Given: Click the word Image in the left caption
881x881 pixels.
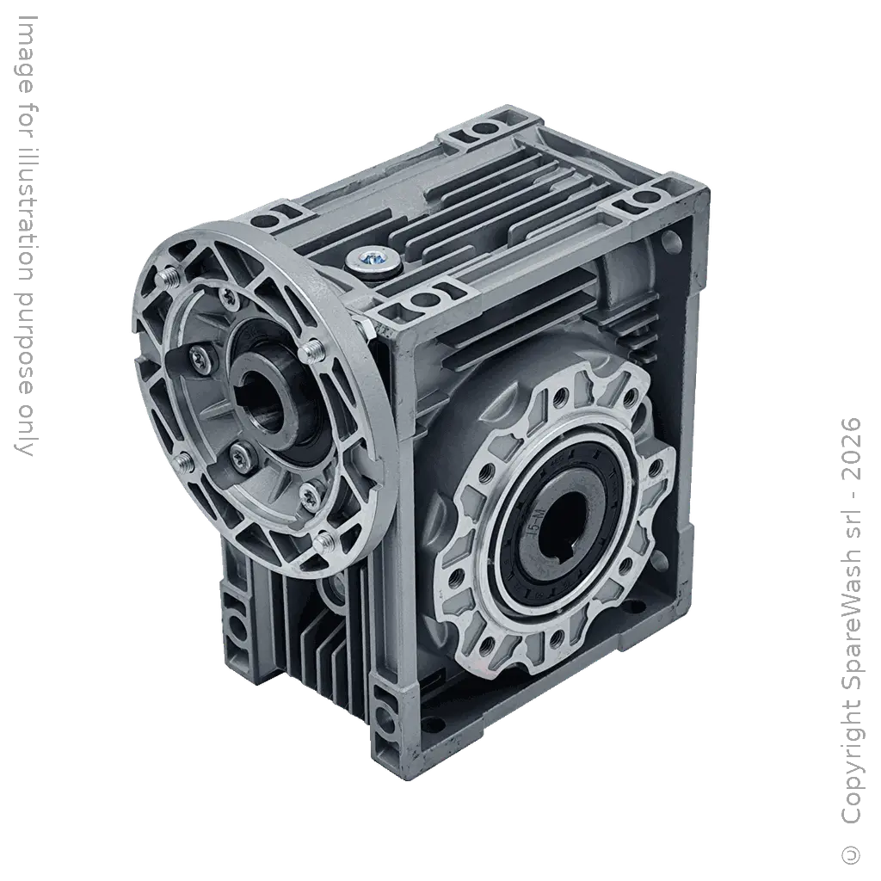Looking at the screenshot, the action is tap(25, 54).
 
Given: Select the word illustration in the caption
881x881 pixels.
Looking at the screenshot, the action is tap(25, 208).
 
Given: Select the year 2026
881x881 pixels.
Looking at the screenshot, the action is tap(851, 449).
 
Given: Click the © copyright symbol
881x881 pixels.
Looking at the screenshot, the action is tap(852, 852).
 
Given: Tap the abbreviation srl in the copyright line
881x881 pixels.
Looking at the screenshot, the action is tap(851, 529).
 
